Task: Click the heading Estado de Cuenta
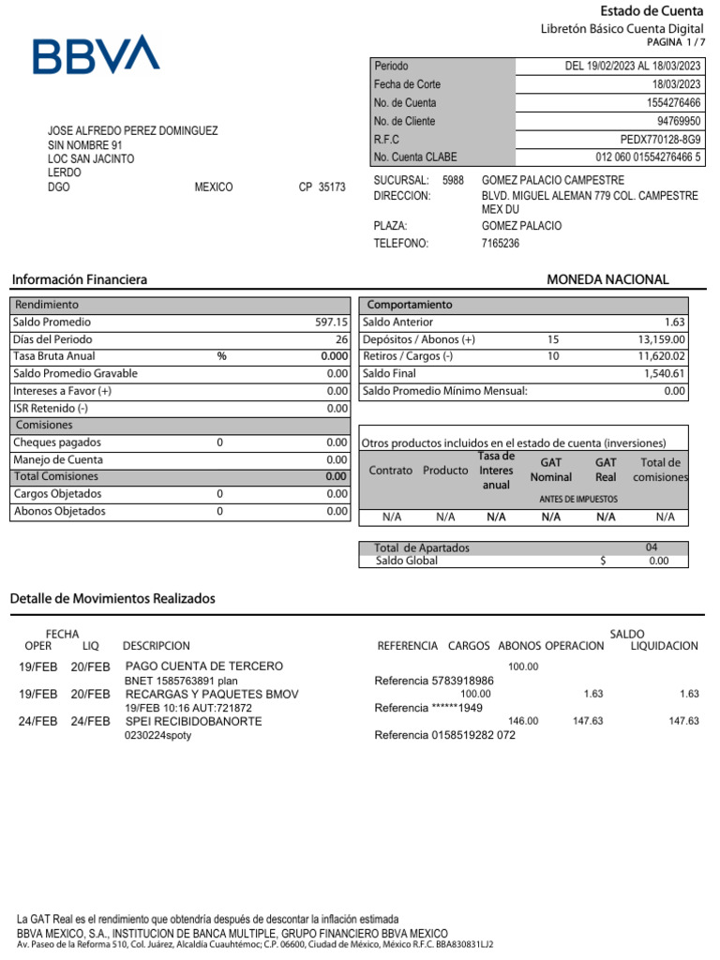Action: (651, 11)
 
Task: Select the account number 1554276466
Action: (673, 103)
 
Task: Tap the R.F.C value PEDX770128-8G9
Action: (660, 140)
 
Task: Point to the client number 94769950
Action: (679, 122)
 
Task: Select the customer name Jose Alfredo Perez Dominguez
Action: (132, 131)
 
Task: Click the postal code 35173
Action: (332, 187)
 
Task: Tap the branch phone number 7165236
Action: (500, 244)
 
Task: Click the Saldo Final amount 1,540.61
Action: (665, 373)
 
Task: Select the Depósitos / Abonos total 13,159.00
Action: (662, 339)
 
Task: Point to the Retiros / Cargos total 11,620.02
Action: (662, 356)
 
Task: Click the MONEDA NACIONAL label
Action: (607, 279)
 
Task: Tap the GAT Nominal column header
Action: (550, 470)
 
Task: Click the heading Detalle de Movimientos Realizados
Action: (112, 598)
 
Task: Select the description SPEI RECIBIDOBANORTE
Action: (193, 721)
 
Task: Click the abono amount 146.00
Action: (523, 721)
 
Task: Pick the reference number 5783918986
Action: (462, 681)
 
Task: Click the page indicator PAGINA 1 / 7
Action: (675, 43)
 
